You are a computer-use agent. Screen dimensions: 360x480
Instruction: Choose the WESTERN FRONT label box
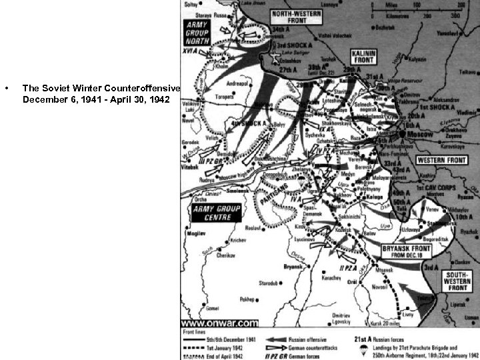tap(441, 161)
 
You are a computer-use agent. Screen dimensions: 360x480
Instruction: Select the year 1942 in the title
tap(159, 99)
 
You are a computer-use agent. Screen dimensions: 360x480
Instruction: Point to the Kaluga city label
tap(379, 197)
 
